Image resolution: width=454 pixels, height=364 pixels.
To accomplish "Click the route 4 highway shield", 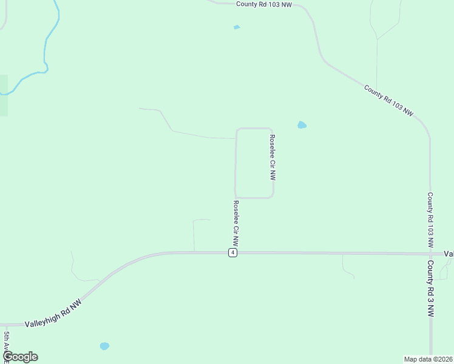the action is coord(232,253).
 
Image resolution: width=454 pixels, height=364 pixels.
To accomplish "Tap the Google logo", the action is coord(20,357).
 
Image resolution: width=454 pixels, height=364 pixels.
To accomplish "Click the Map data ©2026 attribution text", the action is coord(428,359).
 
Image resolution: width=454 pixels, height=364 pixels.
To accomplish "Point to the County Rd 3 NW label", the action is coord(430,289).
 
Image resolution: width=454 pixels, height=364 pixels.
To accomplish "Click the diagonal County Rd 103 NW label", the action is coord(389,101).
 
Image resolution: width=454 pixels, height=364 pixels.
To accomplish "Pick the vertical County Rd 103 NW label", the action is coord(430,220).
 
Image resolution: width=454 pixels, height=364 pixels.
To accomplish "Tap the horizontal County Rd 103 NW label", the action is coord(265,4).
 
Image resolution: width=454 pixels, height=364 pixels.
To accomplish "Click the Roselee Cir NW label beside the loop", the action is coord(273,158).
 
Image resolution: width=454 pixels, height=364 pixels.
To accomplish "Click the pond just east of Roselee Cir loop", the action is coord(302,126).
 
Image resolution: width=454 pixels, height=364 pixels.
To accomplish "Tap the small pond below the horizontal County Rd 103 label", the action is coord(237,27).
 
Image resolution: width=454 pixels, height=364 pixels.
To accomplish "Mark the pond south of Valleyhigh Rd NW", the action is coord(104,346).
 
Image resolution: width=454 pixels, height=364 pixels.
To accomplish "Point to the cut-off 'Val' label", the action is coord(449,254).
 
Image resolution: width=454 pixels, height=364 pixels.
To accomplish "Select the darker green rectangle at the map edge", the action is coord(4,95).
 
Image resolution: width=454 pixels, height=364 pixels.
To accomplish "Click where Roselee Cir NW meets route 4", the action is coord(235,251).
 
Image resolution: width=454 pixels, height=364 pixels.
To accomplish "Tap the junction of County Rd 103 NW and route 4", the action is coord(431,254).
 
